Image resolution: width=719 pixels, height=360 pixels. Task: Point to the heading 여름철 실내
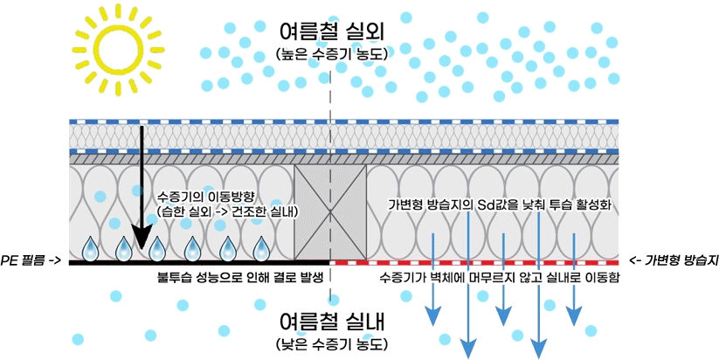coord(331,319)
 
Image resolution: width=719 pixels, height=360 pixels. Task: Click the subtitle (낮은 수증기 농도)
coord(331,341)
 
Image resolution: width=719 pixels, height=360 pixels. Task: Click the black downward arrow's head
coord(135,240)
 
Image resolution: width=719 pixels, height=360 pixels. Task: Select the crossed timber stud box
coord(330,212)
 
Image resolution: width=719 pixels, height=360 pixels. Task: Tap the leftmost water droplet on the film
coord(90,250)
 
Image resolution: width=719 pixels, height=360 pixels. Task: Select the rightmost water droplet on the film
coord(260,250)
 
